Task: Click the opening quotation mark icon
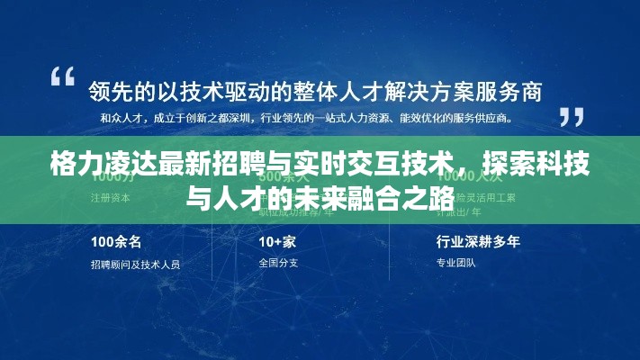(62, 76)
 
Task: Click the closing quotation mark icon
(572, 117)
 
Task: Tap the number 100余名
(114, 241)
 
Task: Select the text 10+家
(278, 241)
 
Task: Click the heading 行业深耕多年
(478, 241)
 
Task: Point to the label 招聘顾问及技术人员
(135, 264)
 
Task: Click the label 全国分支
(277, 263)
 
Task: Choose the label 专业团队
(455, 263)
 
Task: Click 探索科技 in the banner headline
(528, 166)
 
